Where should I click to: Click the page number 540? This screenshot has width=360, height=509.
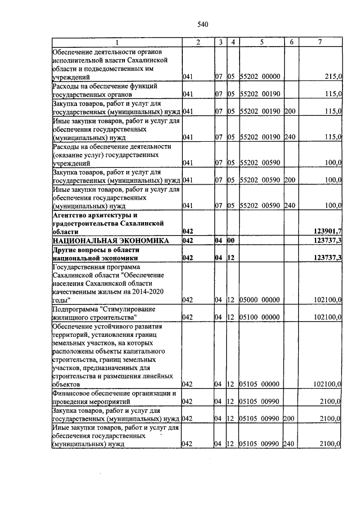pyautogui.click(x=203, y=24)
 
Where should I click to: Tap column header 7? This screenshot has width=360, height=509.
pyautogui.click(x=319, y=43)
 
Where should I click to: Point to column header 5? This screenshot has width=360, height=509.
pyautogui.click(x=262, y=43)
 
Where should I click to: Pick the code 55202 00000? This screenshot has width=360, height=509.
pyautogui.click(x=260, y=76)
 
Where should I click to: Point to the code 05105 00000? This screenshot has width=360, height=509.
pyautogui.click(x=260, y=384)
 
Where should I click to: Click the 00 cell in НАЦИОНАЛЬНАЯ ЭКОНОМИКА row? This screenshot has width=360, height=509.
pyautogui.click(x=231, y=240)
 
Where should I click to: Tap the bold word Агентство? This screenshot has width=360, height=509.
pyautogui.click(x=72, y=215)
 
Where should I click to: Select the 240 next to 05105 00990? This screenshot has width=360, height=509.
pyautogui.click(x=290, y=444)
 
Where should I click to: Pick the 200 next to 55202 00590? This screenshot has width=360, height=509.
pyautogui.click(x=290, y=179)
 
